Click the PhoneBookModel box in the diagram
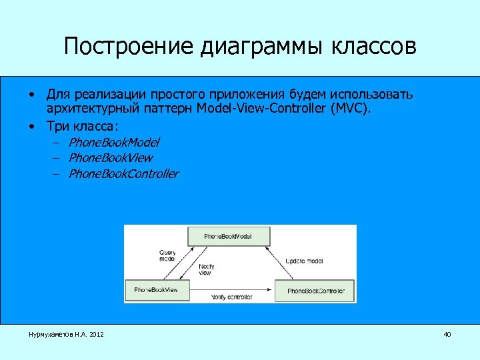coord(228,236)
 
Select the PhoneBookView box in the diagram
coord(157,290)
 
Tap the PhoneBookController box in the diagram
coord(315,291)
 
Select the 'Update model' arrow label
coord(304,261)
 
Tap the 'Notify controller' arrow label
coord(231,297)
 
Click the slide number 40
coord(447,333)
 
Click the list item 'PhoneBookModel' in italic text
coord(114,142)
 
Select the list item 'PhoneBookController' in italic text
coord(123,174)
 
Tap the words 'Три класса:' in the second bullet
coord(82,125)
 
